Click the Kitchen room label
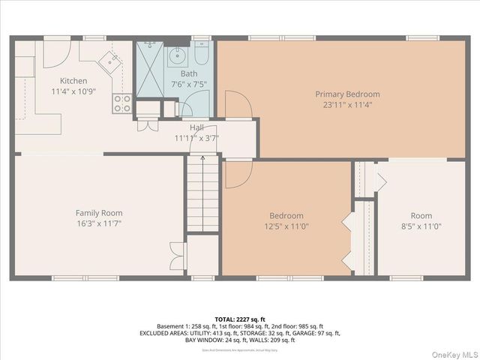pos(69,81)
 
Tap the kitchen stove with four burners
pos(122,103)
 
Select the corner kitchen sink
pos(112,60)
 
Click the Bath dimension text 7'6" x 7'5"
pos(188,85)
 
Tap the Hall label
pos(196,127)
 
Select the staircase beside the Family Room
pos(202,194)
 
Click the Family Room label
pos(99,213)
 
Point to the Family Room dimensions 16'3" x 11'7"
pos(99,223)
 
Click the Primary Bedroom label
pos(347,94)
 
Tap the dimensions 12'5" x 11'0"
pos(286,226)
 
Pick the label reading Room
pos(421,215)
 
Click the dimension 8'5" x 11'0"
pos(421,226)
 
